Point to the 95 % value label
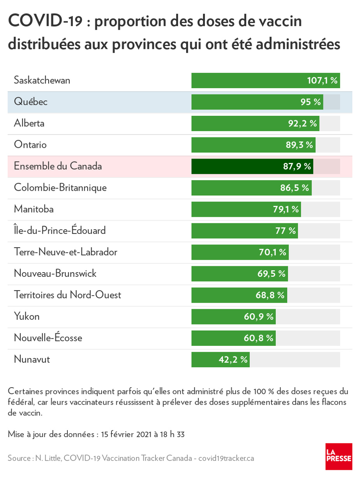click(x=311, y=102)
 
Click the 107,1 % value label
click(x=322, y=81)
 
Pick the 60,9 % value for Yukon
click(x=259, y=317)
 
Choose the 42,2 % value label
click(x=233, y=360)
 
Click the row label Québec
click(x=31, y=102)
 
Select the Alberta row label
click(x=29, y=123)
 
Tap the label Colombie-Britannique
click(x=60, y=188)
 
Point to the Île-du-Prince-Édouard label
click(x=60, y=230)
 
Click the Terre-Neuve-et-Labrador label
click(x=65, y=252)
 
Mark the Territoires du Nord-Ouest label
click(x=67, y=295)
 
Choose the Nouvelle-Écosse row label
click(x=48, y=338)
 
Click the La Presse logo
click(x=339, y=456)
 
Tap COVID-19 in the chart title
click(x=45, y=21)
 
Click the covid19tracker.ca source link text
click(x=226, y=458)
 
